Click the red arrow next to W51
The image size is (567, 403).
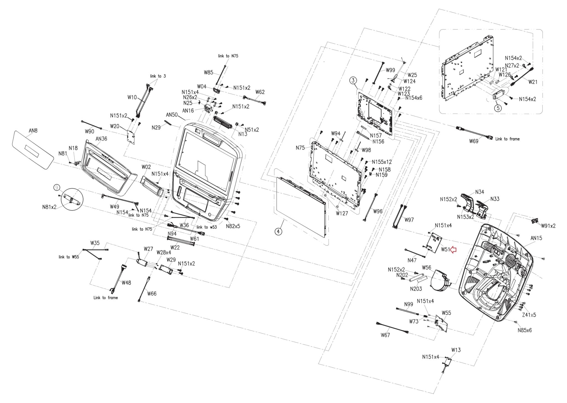(453, 250)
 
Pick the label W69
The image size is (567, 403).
(474, 141)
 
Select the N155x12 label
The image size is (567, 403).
(382, 162)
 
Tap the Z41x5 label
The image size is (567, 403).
(529, 315)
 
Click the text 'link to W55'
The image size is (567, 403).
(69, 257)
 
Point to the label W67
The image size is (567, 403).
(385, 335)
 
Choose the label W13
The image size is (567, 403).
(456, 350)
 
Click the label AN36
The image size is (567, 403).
(101, 139)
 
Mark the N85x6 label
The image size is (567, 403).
(525, 330)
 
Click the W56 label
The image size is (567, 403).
(426, 268)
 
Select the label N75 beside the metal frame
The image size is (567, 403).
(300, 148)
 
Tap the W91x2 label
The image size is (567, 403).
(548, 226)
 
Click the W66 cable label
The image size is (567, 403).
(152, 293)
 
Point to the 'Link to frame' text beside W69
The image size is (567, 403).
(507, 139)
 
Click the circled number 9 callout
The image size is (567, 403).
(57, 188)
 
